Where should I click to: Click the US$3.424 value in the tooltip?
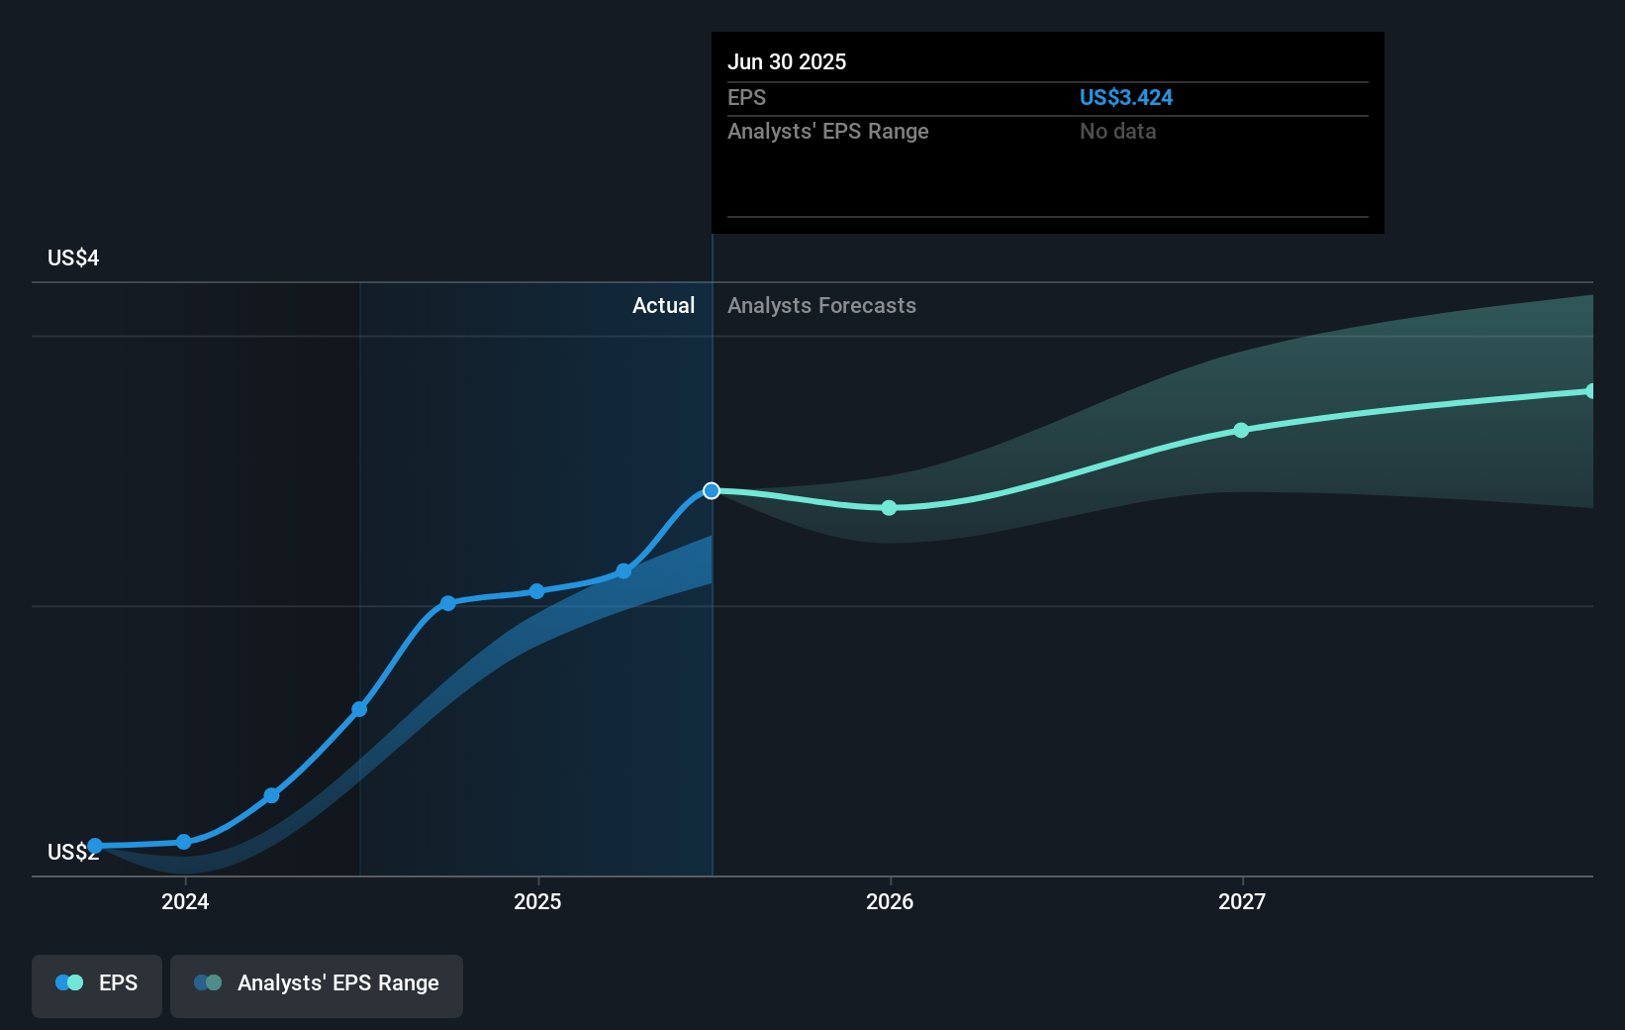(x=1125, y=97)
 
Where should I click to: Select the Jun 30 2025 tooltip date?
(x=786, y=61)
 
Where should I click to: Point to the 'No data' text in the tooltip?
(x=1117, y=131)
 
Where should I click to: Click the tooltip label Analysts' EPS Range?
(x=827, y=131)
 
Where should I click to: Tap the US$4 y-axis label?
(x=73, y=257)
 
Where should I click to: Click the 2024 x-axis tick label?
(x=185, y=901)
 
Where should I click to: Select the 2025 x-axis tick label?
(x=537, y=901)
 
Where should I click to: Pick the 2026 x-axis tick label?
(x=889, y=901)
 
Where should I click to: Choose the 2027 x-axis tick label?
(x=1241, y=901)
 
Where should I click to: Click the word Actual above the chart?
(x=663, y=305)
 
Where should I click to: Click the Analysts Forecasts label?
(x=821, y=305)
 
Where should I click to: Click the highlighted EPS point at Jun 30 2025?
(x=712, y=491)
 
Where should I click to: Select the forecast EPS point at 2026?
(x=889, y=508)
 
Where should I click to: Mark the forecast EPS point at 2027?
(x=1241, y=430)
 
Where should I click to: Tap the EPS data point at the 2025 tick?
(x=536, y=591)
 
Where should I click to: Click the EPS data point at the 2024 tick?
(x=184, y=842)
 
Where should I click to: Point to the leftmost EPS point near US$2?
(x=95, y=846)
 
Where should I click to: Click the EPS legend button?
(x=97, y=983)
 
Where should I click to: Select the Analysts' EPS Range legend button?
(x=317, y=983)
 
